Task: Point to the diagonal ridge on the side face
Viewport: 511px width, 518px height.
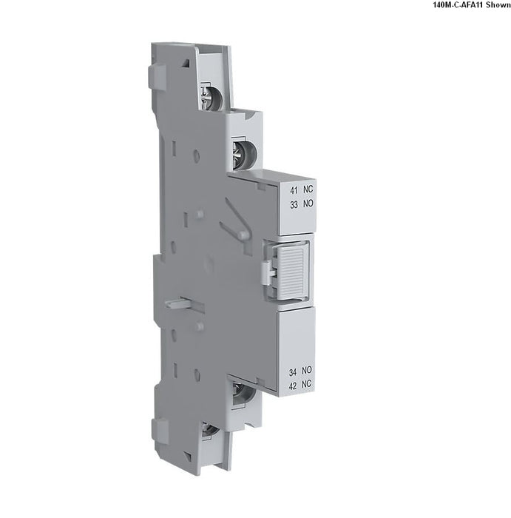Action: pyautogui.click(x=236, y=218)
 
